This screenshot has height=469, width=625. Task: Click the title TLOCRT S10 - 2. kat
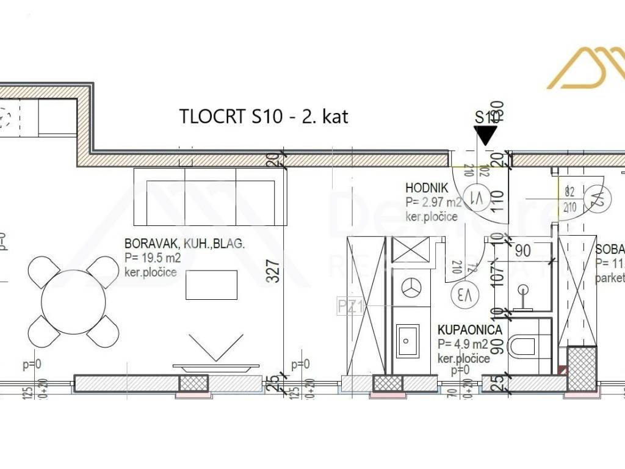point(264,116)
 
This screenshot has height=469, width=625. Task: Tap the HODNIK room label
point(427,188)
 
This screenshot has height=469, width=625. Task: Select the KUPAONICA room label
point(470,330)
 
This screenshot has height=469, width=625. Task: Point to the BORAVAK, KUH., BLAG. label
point(184,244)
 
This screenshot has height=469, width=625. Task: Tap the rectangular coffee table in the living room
point(211,285)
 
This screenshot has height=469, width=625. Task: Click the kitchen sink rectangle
point(408,341)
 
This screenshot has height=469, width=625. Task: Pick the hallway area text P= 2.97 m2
point(434,203)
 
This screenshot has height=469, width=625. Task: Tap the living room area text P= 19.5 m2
point(152,257)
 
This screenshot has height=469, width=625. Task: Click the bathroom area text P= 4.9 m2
point(462,344)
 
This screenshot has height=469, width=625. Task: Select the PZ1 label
point(351,306)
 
